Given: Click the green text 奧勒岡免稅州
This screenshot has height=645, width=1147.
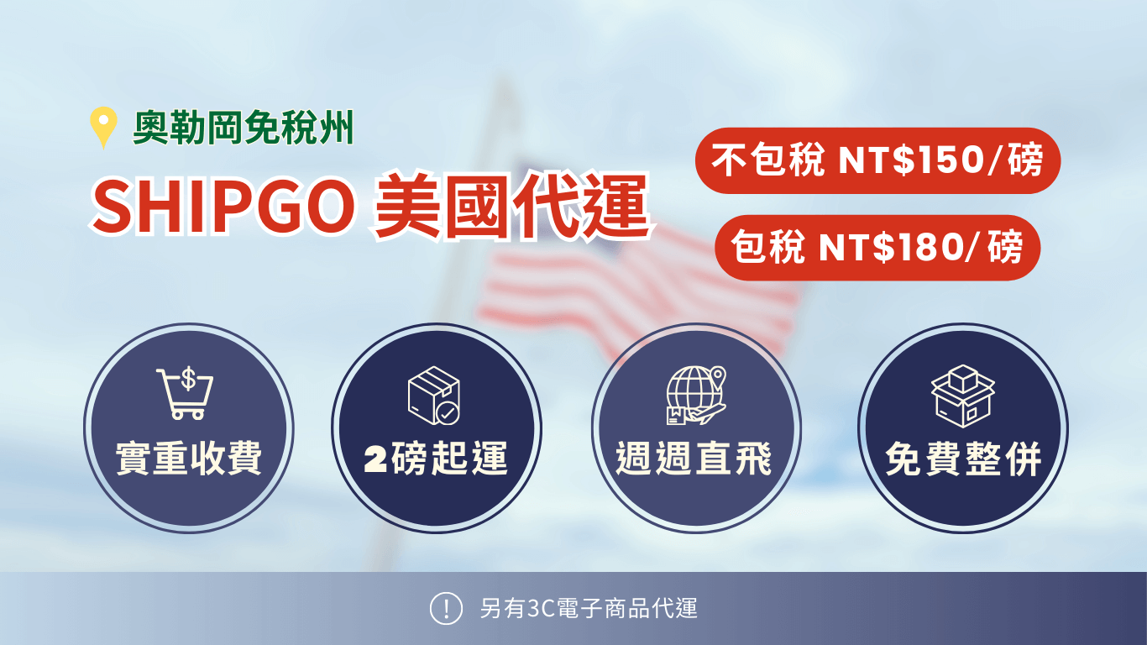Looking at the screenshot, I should (244, 128).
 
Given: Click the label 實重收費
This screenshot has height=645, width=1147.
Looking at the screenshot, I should (189, 459).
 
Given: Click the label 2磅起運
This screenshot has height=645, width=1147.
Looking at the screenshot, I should (437, 459).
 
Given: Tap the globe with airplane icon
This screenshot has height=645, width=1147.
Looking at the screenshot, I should (695, 395).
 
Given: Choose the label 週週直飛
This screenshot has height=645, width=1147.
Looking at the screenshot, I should (694, 459).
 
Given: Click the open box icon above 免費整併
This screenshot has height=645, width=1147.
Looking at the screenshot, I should (962, 396).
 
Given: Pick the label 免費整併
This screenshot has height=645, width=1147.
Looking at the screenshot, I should (963, 459).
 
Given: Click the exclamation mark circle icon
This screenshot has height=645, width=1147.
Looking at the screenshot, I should (446, 608).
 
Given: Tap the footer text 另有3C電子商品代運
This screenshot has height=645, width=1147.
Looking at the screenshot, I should (589, 608).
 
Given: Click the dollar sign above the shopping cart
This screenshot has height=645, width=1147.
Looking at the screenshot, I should (188, 380).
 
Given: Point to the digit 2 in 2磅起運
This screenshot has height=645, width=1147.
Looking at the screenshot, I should (376, 460).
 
